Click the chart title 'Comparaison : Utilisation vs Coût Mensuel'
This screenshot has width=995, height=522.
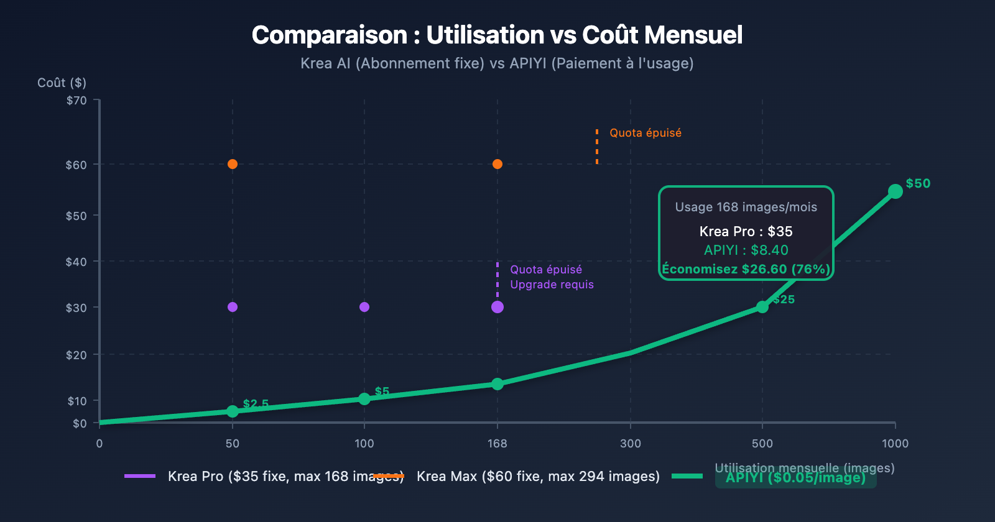tap(497, 35)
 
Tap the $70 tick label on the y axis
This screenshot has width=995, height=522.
tap(76, 101)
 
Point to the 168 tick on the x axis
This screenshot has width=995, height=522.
tap(497, 443)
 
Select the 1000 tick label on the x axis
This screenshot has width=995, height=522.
tap(895, 443)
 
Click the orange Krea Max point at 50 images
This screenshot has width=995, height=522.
tap(233, 164)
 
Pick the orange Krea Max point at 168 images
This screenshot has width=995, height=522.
tap(497, 164)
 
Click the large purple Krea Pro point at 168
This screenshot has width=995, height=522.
tap(497, 307)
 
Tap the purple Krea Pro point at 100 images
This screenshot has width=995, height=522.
tap(364, 307)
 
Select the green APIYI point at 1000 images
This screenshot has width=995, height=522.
tap(895, 191)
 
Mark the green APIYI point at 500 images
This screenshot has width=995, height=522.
tap(762, 307)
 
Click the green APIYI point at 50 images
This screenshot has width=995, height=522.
tap(233, 411)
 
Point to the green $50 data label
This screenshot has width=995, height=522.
tap(918, 183)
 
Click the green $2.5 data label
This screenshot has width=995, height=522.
tap(256, 404)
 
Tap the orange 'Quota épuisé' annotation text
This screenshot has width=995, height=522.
tap(646, 133)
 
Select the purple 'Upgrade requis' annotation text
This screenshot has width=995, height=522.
tap(552, 285)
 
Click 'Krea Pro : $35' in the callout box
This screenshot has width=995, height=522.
tap(746, 232)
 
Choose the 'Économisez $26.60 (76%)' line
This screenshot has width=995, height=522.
tap(746, 269)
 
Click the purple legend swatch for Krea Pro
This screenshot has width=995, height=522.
tap(140, 476)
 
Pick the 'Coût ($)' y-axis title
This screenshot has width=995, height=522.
tap(62, 83)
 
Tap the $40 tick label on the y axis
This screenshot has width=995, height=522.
tap(76, 262)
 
